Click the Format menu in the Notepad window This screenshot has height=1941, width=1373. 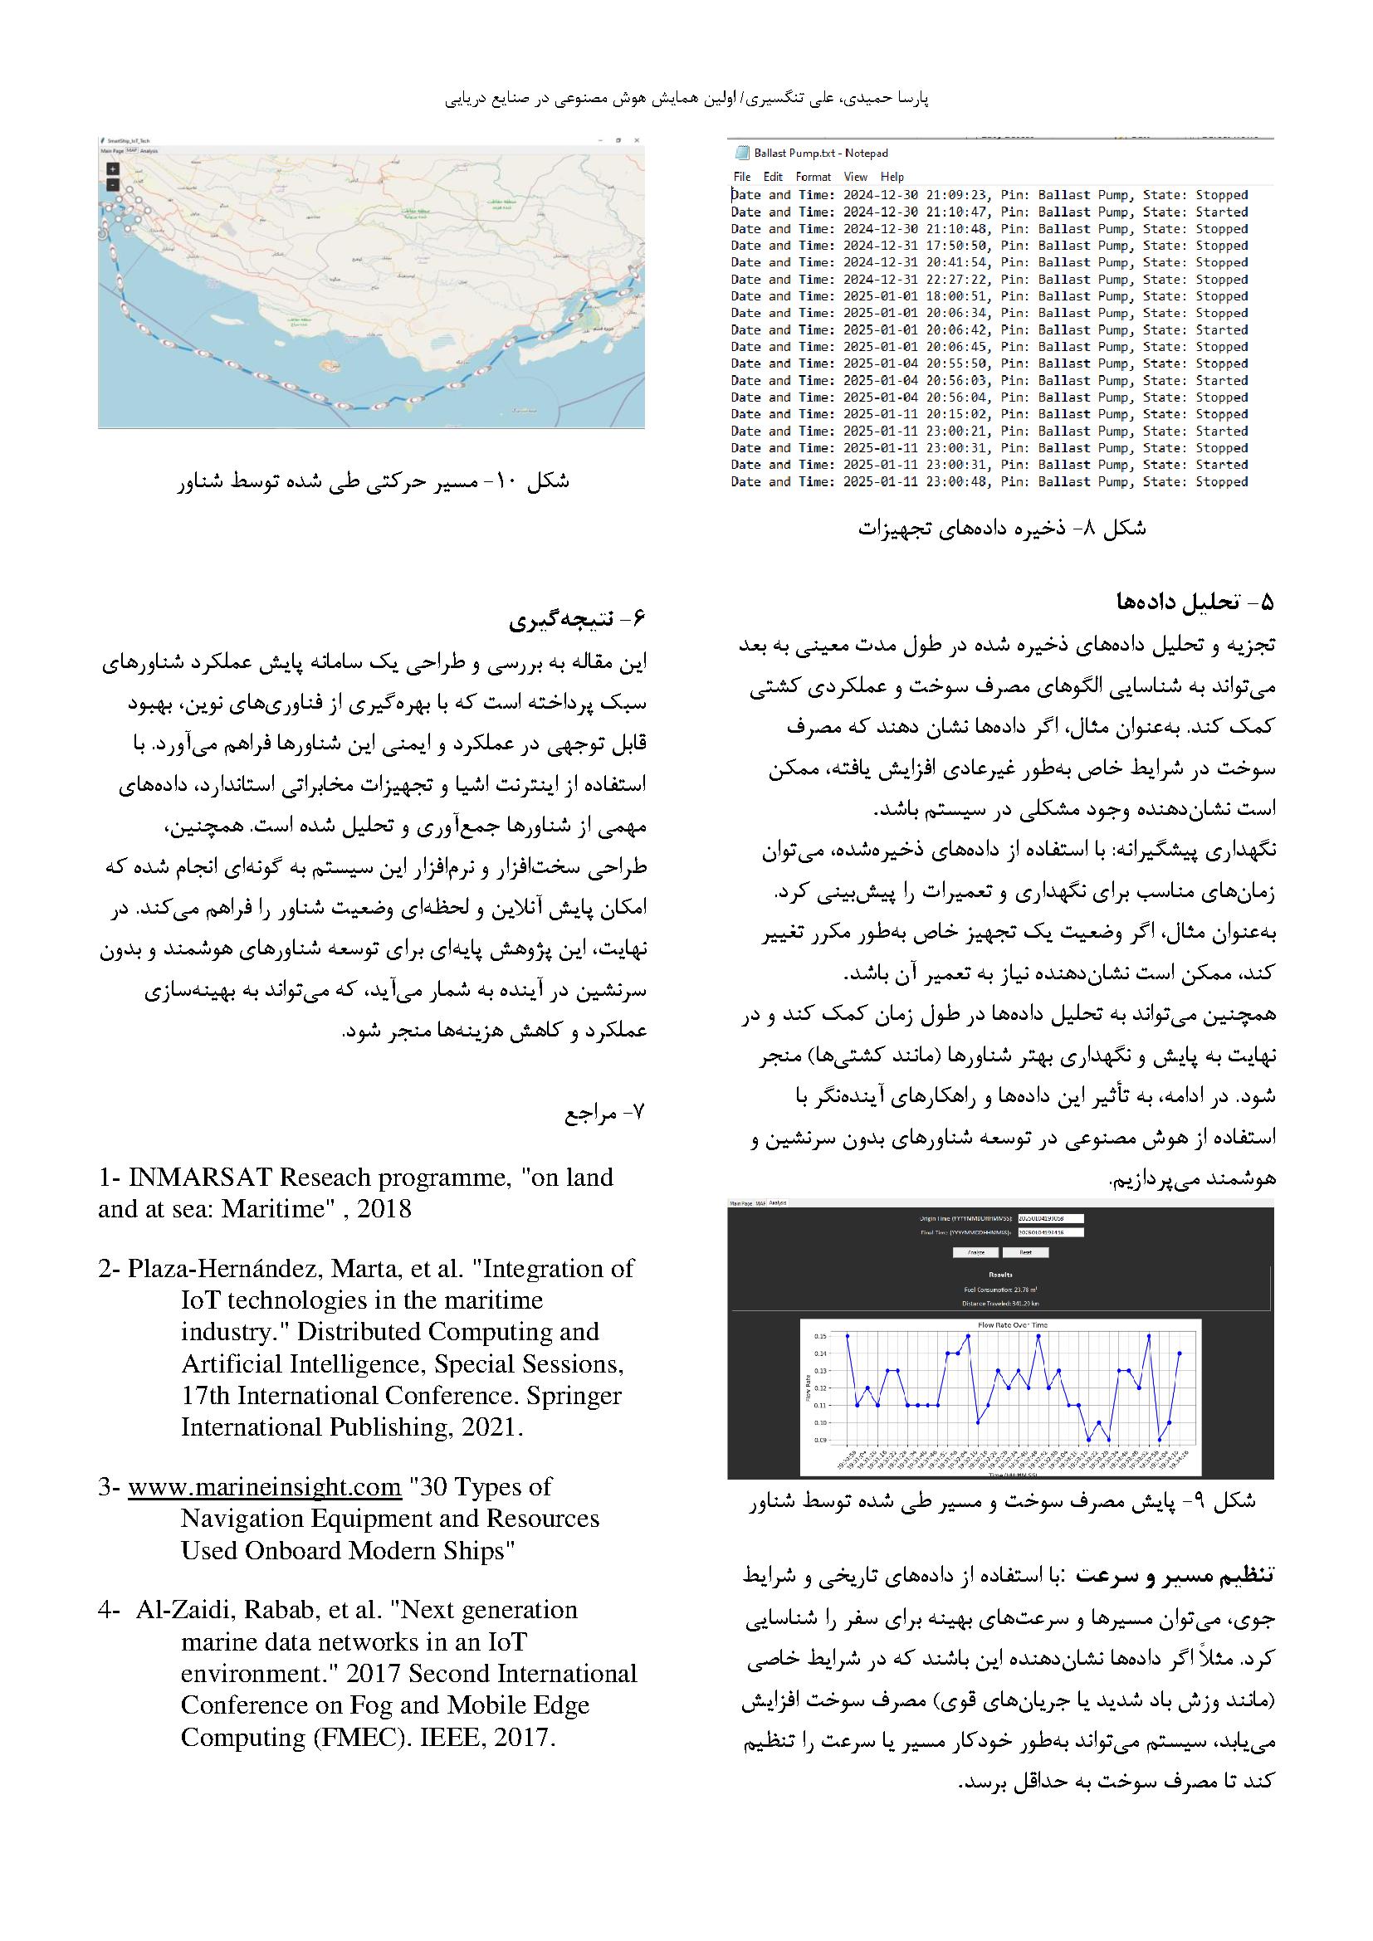(x=813, y=177)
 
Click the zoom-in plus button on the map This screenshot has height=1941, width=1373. (x=112, y=169)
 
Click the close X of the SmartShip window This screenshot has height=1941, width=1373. (x=637, y=139)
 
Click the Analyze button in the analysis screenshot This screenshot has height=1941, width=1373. (x=975, y=1252)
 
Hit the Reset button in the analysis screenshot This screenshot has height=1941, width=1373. (x=1025, y=1252)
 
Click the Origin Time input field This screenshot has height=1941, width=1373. (x=1051, y=1218)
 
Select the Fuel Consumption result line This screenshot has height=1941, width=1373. (x=1000, y=1290)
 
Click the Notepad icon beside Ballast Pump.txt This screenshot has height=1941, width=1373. (x=741, y=153)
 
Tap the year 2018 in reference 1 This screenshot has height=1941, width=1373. (x=384, y=1209)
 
